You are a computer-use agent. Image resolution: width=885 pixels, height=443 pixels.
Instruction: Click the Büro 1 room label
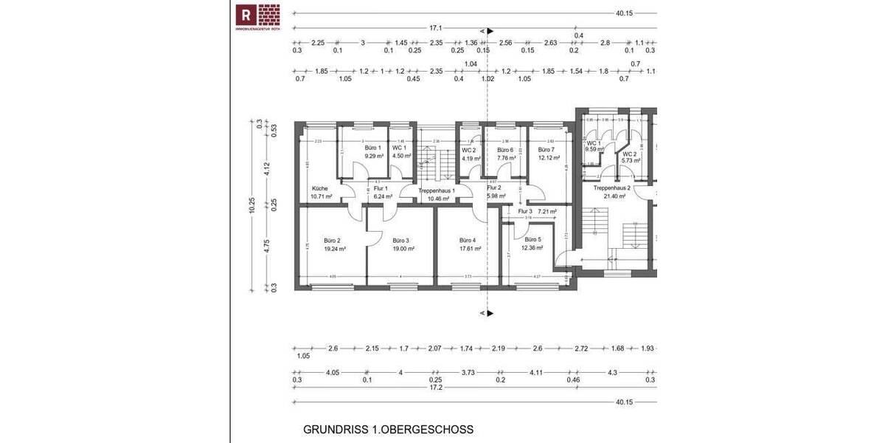[373, 148]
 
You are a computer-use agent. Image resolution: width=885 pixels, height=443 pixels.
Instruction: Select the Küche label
[319, 188]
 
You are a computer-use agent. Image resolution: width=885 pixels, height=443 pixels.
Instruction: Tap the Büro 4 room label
[468, 240]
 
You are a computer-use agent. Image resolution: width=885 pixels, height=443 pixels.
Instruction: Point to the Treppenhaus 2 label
[611, 188]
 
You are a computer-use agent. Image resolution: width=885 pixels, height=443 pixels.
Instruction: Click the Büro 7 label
[546, 149]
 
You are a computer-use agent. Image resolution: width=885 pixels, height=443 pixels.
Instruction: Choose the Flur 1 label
[381, 189]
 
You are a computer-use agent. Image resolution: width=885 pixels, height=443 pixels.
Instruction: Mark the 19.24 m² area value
[335, 249]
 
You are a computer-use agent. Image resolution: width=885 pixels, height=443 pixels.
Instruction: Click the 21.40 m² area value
[611, 196]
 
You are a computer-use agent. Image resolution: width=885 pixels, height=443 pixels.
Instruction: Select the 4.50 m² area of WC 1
[402, 156]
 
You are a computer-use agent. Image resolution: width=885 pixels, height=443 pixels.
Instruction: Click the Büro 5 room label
[533, 240]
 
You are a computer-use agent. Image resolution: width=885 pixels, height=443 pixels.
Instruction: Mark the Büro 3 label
[400, 240]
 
